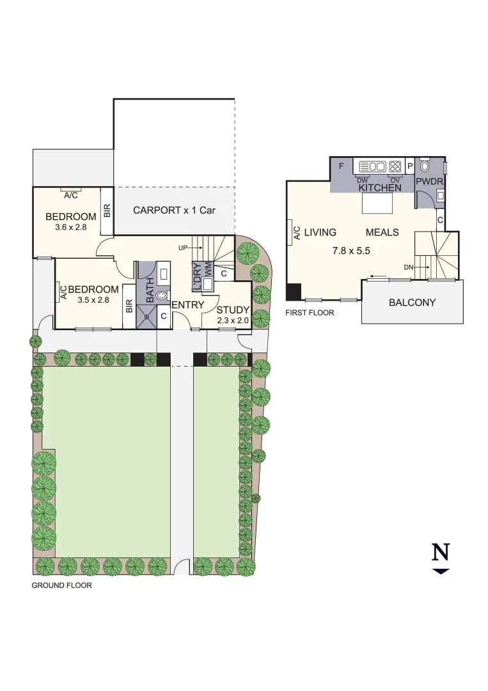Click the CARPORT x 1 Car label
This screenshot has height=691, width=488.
(x=174, y=210)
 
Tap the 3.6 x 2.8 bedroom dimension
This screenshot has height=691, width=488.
(x=70, y=227)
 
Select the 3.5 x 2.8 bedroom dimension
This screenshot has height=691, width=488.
(x=93, y=299)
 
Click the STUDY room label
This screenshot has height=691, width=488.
(x=232, y=310)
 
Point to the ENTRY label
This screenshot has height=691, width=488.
(x=187, y=305)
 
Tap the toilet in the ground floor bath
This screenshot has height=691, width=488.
(x=161, y=296)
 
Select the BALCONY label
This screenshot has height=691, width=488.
(x=412, y=302)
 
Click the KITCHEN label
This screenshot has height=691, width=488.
(x=380, y=187)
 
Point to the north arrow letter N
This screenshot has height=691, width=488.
(x=441, y=552)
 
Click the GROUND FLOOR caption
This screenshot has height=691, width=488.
(x=61, y=585)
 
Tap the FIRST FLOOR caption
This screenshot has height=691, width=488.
(x=310, y=313)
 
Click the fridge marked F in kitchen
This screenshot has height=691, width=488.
(x=341, y=166)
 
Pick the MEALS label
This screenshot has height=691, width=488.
(x=382, y=232)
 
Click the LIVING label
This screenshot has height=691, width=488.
(x=320, y=232)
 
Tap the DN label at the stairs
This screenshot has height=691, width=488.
(x=408, y=267)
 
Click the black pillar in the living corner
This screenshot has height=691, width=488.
(x=293, y=292)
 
